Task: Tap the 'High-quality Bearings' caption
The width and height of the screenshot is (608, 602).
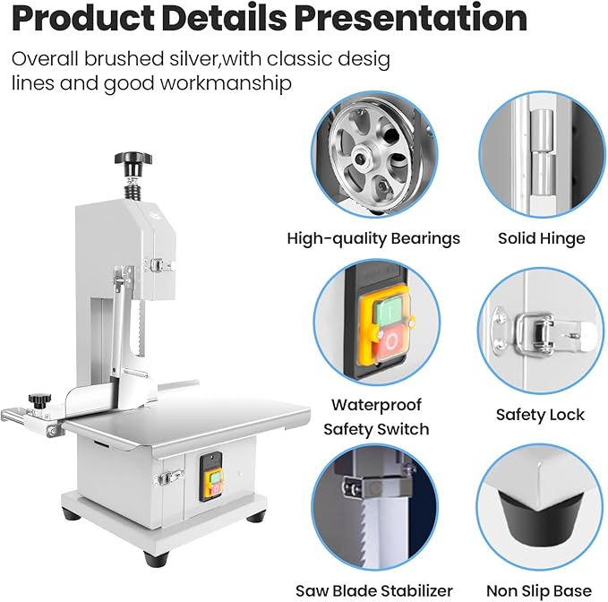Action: [x=373, y=238]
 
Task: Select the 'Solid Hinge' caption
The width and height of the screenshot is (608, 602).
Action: [x=542, y=238]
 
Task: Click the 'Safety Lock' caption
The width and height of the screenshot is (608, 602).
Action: [x=540, y=415]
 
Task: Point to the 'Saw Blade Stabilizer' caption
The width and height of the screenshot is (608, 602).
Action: [x=373, y=590]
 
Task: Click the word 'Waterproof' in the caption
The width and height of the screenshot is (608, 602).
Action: [x=376, y=405]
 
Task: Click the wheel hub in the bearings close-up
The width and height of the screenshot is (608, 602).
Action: [x=362, y=159]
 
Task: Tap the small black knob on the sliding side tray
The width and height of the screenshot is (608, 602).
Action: [x=37, y=399]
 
